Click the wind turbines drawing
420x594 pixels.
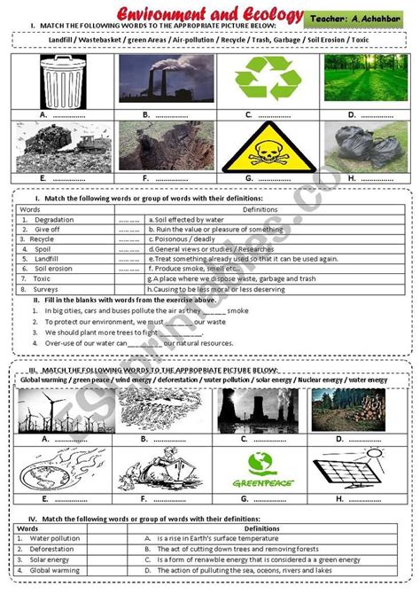coord(61,413)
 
